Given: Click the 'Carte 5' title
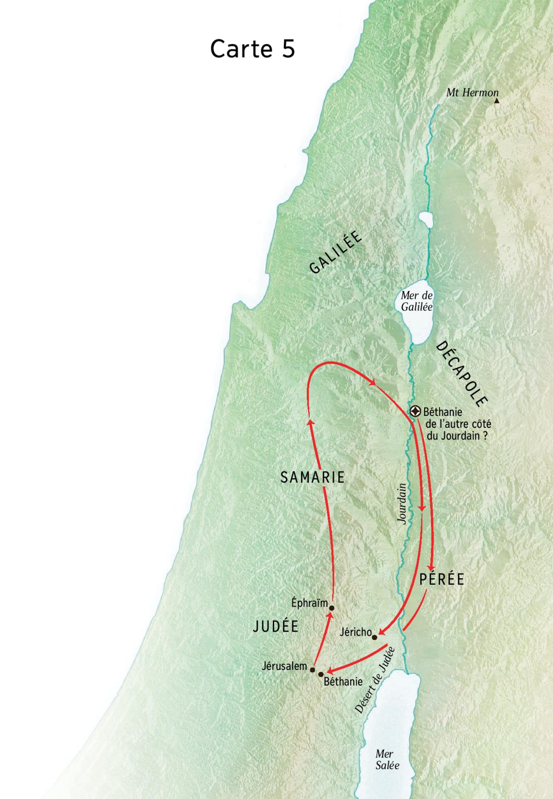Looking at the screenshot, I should (252, 49).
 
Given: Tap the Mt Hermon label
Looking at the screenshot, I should (472, 93).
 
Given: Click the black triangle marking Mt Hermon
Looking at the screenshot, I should (496, 100).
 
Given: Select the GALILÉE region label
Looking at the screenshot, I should (335, 253).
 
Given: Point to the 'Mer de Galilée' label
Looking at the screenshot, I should (417, 301).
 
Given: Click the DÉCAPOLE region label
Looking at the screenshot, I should (461, 373).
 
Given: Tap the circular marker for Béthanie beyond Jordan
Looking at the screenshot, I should (416, 411).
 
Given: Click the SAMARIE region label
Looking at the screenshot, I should (312, 477).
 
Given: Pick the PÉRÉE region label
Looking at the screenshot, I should (441, 580).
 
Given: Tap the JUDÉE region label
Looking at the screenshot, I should (276, 626).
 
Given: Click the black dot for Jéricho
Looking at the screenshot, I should (375, 638).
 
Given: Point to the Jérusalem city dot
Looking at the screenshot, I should (312, 669).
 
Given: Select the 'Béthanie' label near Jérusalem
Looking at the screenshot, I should (343, 681).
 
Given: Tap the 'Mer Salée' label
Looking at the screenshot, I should (387, 760).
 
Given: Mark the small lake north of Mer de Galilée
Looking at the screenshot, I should (426, 219).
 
